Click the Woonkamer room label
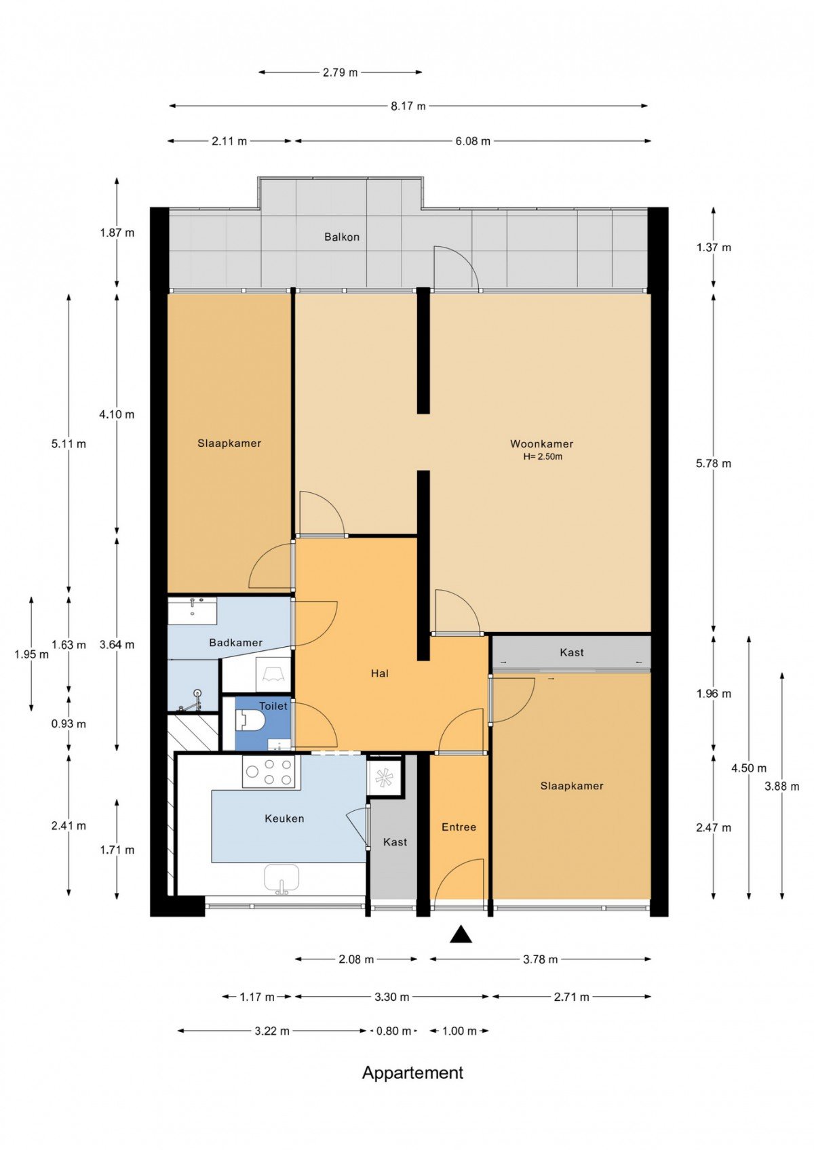tap(541, 443)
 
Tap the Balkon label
tap(341, 237)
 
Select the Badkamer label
tap(236, 642)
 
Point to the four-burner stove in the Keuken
tap(269, 772)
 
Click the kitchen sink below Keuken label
tap(282, 877)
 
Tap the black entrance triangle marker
tap(461, 934)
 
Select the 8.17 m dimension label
tap(408, 106)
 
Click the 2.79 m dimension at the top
tap(340, 73)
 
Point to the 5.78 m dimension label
tap(714, 464)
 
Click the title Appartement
tap(413, 1085)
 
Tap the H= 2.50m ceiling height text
tap(543, 456)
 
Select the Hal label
tap(380, 673)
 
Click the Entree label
tap(459, 827)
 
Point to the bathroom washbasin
tap(193, 610)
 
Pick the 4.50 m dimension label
tap(749, 768)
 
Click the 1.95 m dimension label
tap(31, 654)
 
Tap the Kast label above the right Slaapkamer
tap(572, 652)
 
